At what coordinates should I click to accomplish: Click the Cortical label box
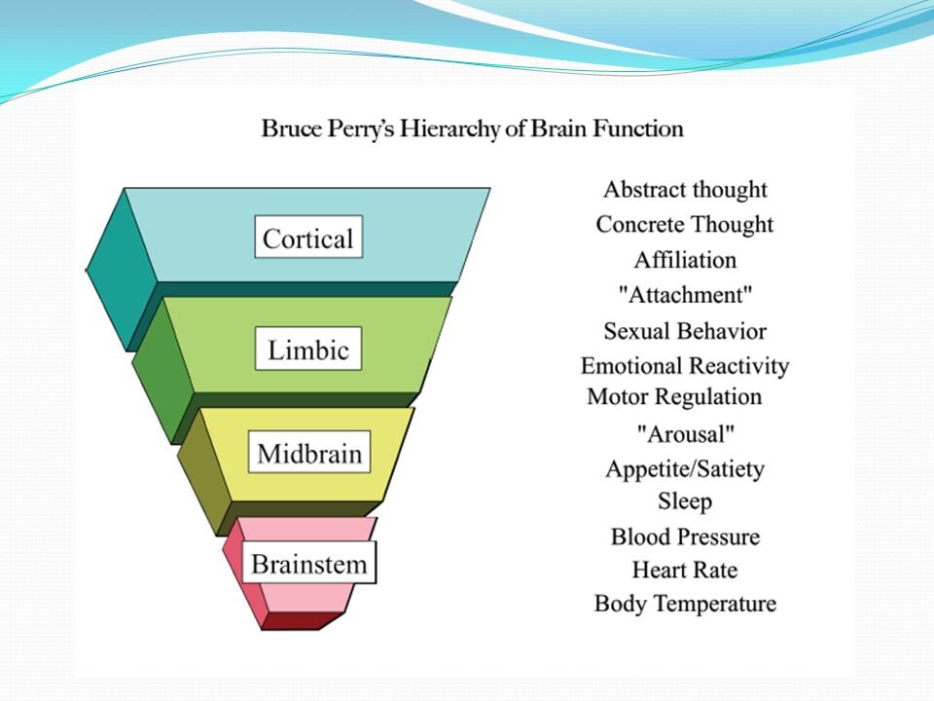(x=308, y=238)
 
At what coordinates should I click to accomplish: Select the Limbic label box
(x=307, y=350)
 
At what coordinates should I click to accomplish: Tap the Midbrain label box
(x=308, y=454)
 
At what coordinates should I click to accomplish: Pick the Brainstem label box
(x=308, y=564)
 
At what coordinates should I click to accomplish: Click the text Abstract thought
(x=685, y=190)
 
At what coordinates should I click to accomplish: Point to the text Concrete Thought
(x=685, y=225)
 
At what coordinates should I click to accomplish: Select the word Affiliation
(x=685, y=260)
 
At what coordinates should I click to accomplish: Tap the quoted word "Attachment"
(x=685, y=295)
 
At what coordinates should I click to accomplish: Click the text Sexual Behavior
(x=685, y=331)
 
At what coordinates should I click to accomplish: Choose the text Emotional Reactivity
(x=685, y=366)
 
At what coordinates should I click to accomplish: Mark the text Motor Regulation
(x=674, y=397)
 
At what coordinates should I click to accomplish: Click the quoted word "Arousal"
(x=685, y=433)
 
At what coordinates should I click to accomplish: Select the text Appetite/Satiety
(x=685, y=469)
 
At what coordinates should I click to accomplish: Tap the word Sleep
(x=685, y=501)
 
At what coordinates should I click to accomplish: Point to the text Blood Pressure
(x=685, y=536)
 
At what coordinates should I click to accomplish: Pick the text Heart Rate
(x=685, y=570)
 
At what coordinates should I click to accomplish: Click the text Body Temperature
(x=685, y=604)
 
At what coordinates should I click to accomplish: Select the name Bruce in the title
(x=289, y=129)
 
